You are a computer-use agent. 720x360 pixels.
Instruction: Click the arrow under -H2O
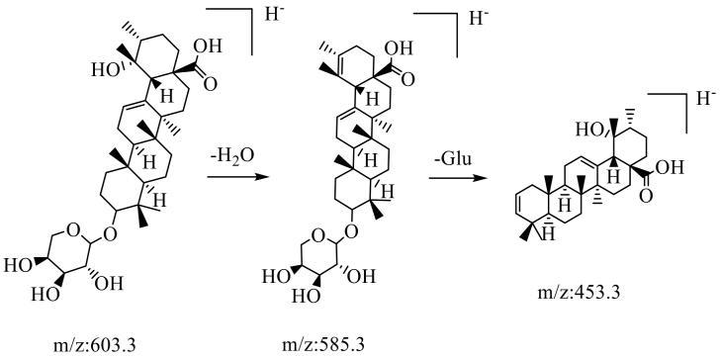(x=237, y=176)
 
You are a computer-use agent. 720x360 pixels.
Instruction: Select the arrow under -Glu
(x=457, y=177)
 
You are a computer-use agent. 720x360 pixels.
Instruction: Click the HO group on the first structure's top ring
(x=105, y=69)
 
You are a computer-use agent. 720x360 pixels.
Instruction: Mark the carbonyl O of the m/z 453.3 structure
(x=647, y=196)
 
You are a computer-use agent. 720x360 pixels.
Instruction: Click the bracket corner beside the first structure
(x=252, y=8)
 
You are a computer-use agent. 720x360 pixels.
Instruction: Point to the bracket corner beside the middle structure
(x=457, y=13)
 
